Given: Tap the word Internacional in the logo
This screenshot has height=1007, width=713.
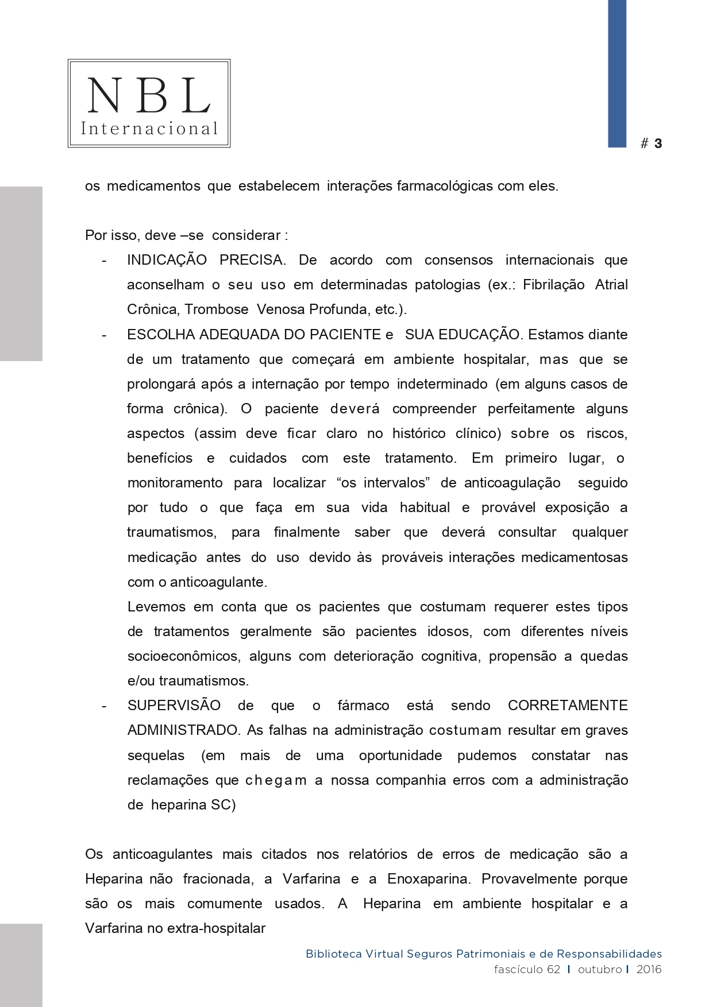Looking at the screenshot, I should tap(149, 129).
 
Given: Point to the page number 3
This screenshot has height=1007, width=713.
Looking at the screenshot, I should tap(658, 144).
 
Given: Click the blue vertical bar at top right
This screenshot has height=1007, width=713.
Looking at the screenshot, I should tap(617, 73).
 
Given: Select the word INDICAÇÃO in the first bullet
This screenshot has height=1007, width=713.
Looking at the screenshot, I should tap(167, 260).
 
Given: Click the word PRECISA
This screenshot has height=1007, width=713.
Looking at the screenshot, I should tap(252, 260).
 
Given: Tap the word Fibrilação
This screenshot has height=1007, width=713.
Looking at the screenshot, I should tap(553, 285).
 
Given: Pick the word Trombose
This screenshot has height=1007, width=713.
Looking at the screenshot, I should tap(217, 309).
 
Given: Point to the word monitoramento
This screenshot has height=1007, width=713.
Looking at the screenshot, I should tap(175, 483).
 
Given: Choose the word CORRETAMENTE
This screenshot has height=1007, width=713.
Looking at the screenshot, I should tap(568, 706).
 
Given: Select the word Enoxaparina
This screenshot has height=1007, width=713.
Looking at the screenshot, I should tap(428, 879).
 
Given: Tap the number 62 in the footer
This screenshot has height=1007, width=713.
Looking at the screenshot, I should tap(553, 970).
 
